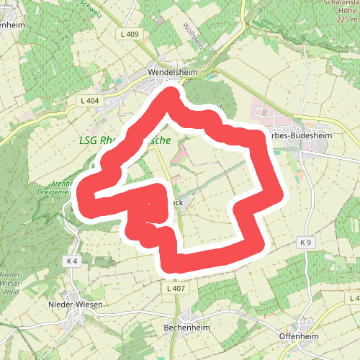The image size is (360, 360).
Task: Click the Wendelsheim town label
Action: coord(168,73)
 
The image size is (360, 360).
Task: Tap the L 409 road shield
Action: coord(130,35)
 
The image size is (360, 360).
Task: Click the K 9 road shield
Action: coord(306,242)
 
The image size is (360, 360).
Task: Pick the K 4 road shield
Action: coord(70,260)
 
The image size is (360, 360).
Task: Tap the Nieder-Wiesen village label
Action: coord(76,305)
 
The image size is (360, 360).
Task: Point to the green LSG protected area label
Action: coord(124,141)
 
